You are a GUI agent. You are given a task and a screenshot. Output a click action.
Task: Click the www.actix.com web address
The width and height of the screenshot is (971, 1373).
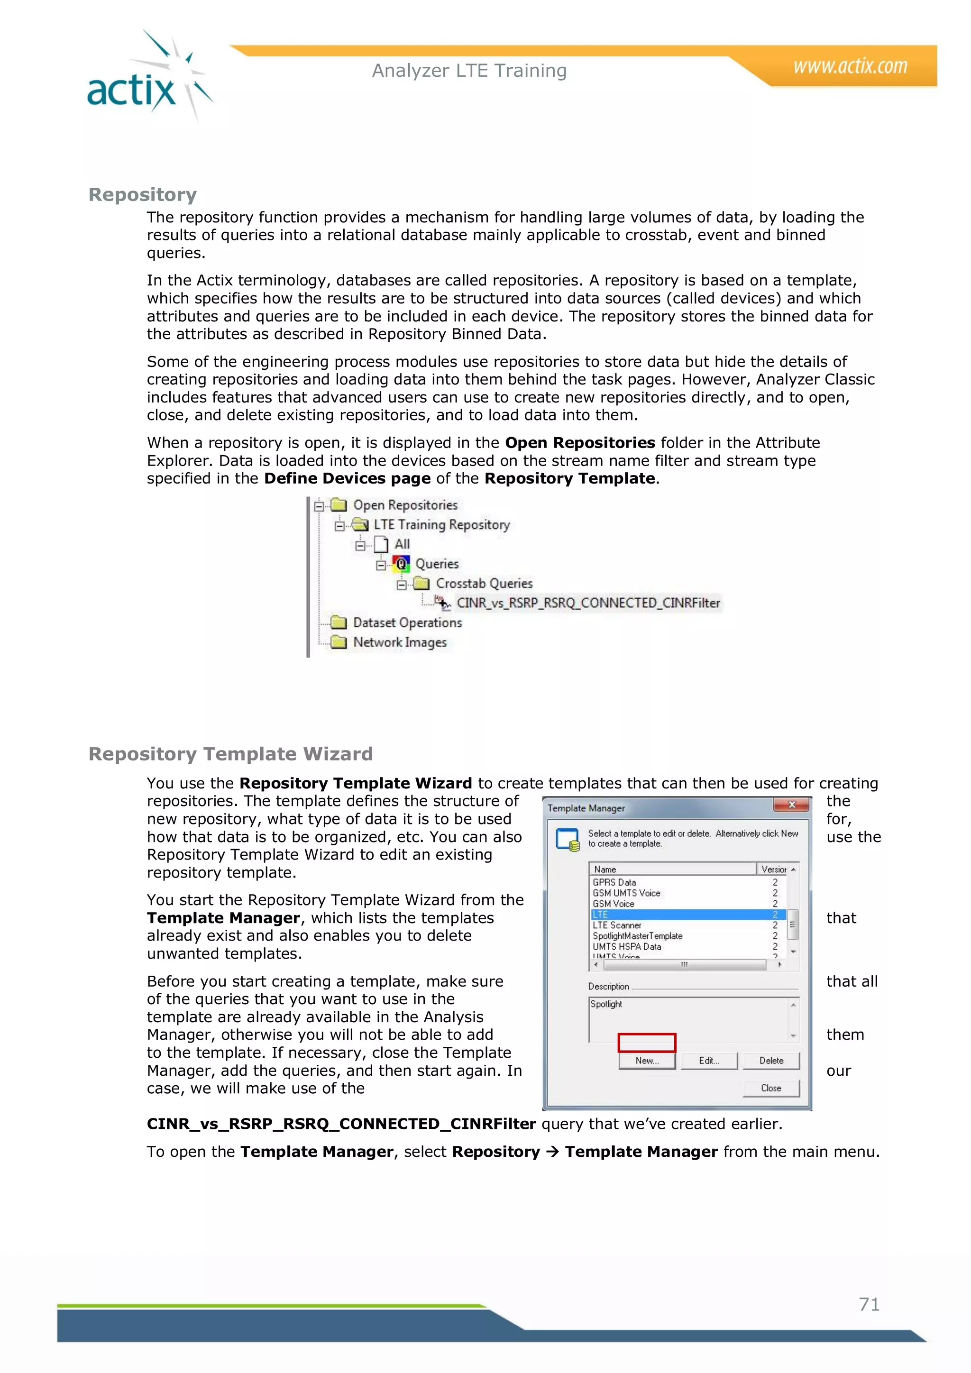[850, 66]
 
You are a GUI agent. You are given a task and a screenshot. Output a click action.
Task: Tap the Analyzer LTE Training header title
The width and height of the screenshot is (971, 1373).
[469, 71]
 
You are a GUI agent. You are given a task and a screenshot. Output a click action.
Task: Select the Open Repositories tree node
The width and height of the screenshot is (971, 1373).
[405, 505]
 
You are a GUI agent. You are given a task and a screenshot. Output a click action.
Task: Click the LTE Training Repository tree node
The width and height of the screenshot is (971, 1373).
[441, 525]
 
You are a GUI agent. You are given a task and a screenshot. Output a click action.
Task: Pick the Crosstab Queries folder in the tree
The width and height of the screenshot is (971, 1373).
[483, 584]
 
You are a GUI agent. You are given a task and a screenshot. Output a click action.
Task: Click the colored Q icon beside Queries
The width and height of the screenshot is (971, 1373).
[401, 563]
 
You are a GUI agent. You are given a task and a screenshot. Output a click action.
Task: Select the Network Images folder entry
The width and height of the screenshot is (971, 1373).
[399, 642]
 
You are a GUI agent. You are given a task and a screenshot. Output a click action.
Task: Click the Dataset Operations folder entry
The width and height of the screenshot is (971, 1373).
[407, 622]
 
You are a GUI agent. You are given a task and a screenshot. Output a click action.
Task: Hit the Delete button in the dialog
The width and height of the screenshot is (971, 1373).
[771, 1060]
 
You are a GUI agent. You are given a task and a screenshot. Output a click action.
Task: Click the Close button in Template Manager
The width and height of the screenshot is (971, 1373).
[771, 1088]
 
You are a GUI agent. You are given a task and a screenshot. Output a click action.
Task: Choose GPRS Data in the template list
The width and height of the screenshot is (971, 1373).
[614, 882]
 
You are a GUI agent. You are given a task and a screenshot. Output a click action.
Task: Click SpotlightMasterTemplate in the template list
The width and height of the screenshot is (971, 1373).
[637, 936]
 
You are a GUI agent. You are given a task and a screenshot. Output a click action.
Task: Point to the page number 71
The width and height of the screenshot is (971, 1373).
[869, 1304]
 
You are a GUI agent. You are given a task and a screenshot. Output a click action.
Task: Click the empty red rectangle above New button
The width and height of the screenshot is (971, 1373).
[646, 1042]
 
